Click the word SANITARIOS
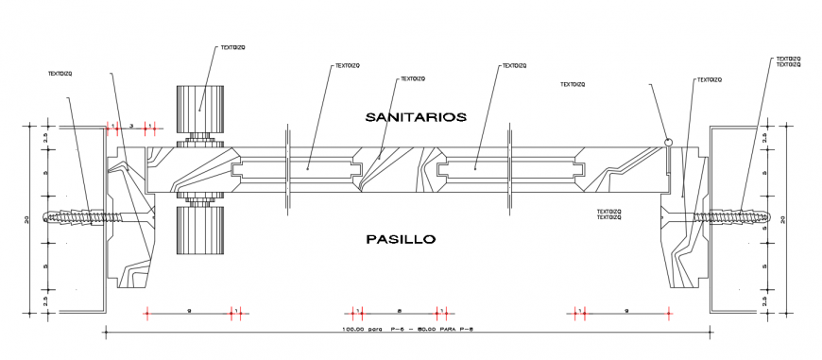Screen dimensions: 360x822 click(x=416, y=117)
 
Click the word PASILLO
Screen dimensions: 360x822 click(x=401, y=239)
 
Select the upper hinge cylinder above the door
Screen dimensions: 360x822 click(x=201, y=111)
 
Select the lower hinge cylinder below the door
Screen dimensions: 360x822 click(x=200, y=230)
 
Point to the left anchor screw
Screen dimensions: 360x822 click(x=77, y=216)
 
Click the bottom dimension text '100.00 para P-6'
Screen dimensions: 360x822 click(x=406, y=330)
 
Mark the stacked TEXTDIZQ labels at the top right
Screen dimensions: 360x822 click(x=789, y=61)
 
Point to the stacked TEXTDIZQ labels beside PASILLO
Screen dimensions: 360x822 click(x=609, y=214)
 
